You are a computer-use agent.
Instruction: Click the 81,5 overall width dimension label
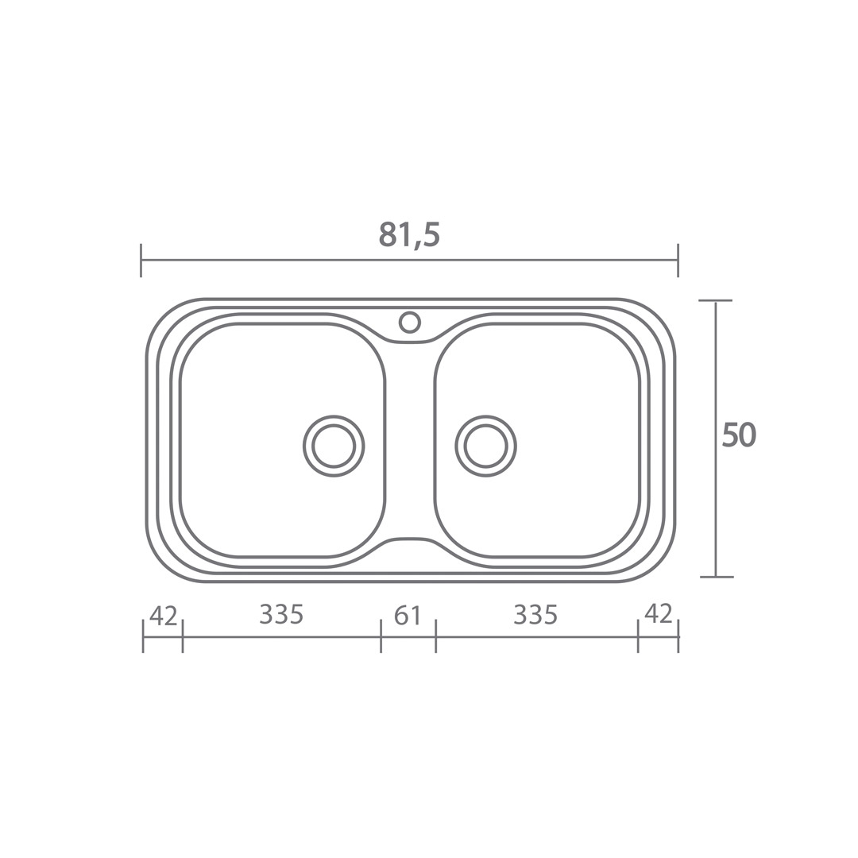[409, 236]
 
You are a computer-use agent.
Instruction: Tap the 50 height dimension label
[739, 435]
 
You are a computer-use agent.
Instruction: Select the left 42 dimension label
[163, 616]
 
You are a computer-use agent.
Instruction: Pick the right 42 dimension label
[659, 613]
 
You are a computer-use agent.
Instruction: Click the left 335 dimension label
[281, 614]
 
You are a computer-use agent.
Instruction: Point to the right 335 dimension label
[535, 614]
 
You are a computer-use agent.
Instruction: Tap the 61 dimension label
[408, 616]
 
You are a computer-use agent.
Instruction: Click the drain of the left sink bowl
[333, 446]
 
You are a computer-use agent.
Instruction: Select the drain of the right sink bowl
[486, 446]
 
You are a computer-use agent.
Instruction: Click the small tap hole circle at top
[409, 322]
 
